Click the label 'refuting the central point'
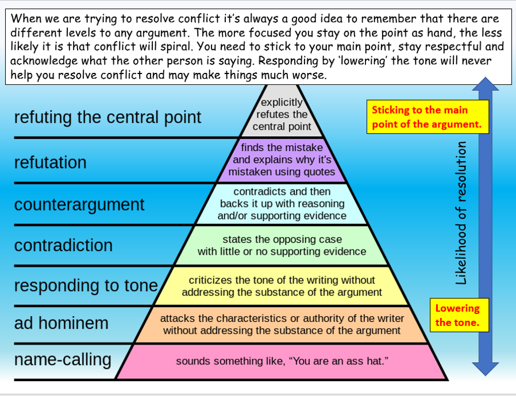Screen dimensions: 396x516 tap(107, 117)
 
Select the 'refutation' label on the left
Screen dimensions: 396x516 tap(51, 162)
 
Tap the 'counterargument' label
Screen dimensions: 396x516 tap(79, 204)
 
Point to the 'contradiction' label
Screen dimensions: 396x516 tap(63, 245)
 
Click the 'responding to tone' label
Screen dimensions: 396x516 tap(86, 285)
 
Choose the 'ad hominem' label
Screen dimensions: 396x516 tap(61, 323)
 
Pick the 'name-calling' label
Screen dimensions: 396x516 tap(63, 360)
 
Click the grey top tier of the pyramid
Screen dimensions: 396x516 tap(282, 114)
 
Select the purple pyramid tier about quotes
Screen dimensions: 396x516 tap(282, 160)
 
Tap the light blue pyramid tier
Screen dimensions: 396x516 tap(282, 203)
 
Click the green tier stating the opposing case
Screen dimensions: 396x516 tap(282, 245)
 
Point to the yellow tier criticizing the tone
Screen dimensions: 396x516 tap(282, 286)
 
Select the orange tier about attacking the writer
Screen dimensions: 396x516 tap(282, 324)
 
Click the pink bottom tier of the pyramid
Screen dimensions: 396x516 tap(282, 362)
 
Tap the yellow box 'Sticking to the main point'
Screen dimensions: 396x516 tap(427, 117)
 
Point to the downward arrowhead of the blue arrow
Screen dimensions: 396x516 tap(486, 367)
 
